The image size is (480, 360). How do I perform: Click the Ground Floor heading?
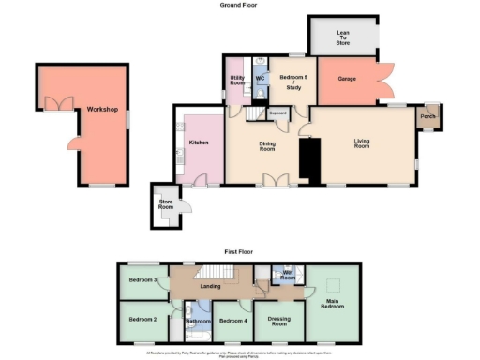[239, 6]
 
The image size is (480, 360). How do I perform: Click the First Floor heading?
[240, 252]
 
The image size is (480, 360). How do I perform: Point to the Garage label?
[347, 80]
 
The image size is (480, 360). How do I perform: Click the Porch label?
[427, 117]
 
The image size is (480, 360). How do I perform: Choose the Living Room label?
[362, 144]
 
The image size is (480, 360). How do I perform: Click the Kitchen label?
[198, 142]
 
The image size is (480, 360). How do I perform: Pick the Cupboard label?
[277, 113]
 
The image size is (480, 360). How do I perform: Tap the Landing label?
[212, 285]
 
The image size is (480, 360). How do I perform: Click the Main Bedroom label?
[333, 303]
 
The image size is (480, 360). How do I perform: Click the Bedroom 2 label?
[142, 320]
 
